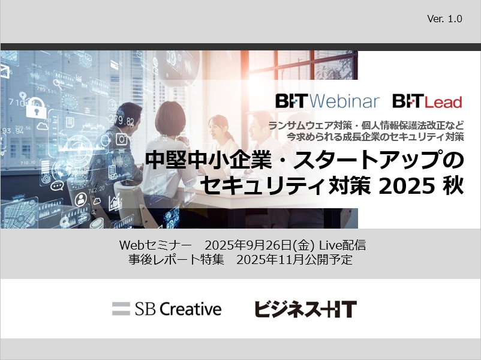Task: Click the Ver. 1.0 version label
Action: (x=444, y=19)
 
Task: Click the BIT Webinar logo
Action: (x=327, y=101)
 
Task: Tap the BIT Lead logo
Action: (x=427, y=101)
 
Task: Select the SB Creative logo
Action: (x=167, y=309)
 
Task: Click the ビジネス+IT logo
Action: (x=305, y=309)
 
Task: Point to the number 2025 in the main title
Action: (x=407, y=186)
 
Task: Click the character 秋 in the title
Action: (x=452, y=186)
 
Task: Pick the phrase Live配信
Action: (x=342, y=245)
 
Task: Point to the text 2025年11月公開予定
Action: (x=294, y=260)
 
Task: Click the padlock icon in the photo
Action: (x=35, y=108)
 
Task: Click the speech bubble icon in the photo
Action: (x=57, y=185)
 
